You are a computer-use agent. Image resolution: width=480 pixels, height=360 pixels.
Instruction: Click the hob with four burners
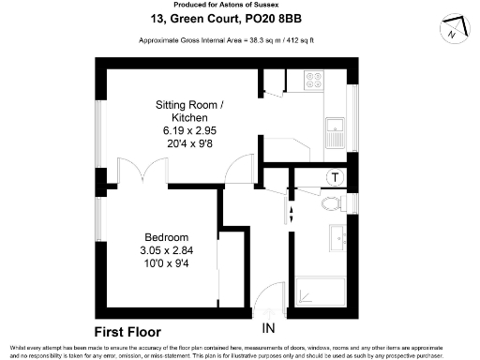[x=312, y=81]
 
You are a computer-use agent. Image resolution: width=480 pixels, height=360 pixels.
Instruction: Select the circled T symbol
[x=335, y=177]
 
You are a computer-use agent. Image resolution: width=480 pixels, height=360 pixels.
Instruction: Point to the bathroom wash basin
[x=337, y=240]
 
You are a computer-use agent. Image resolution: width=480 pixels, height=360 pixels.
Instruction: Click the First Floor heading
[x=128, y=332]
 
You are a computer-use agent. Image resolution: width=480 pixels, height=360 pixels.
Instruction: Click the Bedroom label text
[x=166, y=236]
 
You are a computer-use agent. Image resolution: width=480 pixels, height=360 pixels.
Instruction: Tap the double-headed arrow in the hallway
[x=289, y=213]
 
